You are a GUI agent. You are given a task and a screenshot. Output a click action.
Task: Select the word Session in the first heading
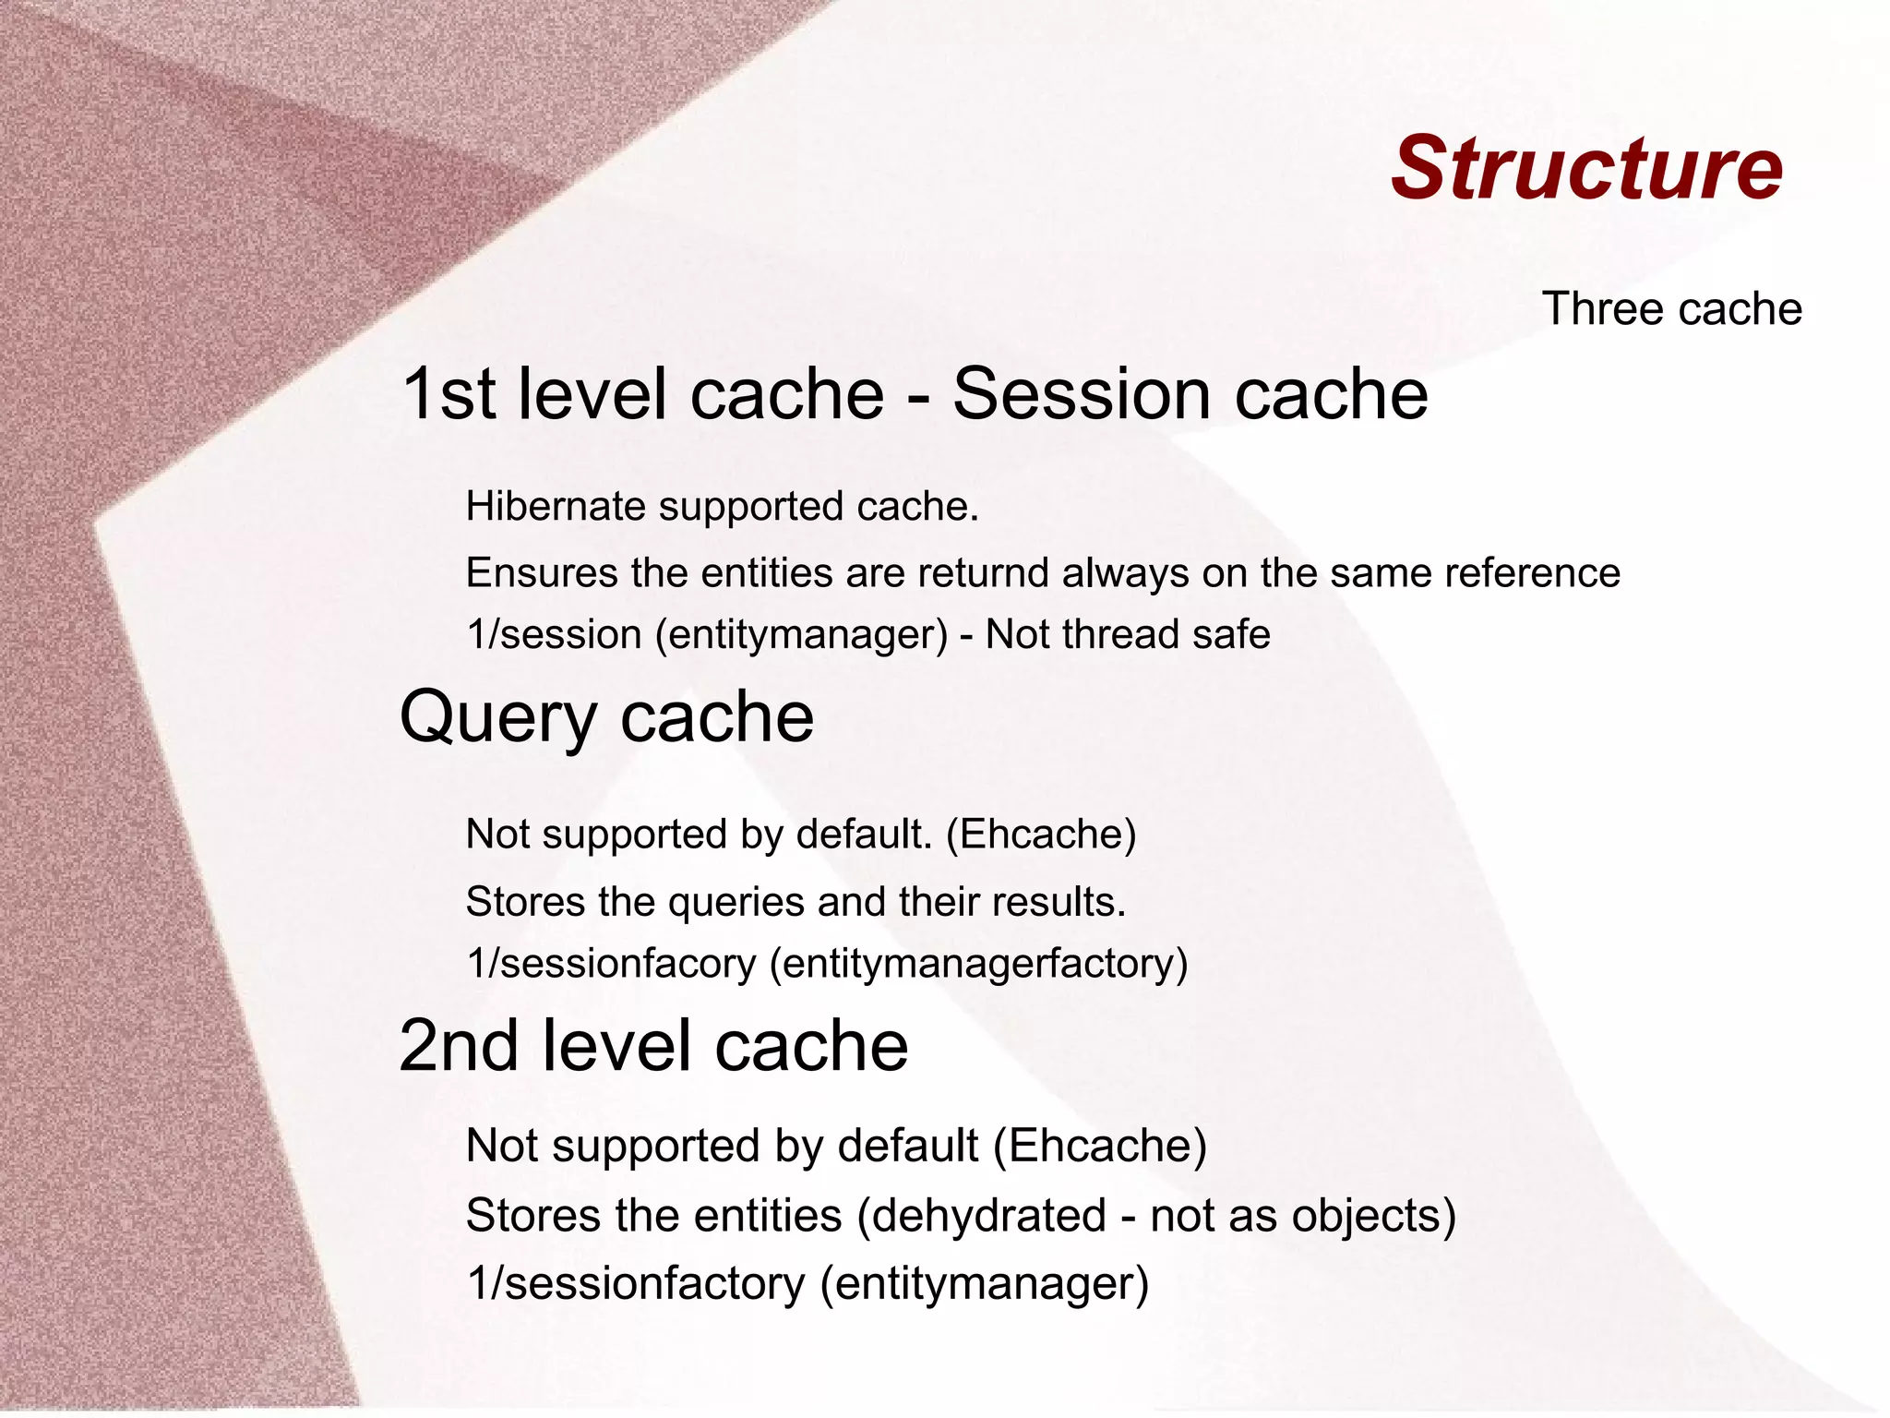pos(1081,394)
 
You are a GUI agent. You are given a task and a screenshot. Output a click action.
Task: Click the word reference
pos(1532,572)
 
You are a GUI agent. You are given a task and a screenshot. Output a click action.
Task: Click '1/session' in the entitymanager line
pos(554,635)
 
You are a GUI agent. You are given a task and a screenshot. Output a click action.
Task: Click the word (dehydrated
pos(981,1216)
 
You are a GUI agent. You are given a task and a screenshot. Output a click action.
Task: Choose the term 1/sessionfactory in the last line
pos(635,1284)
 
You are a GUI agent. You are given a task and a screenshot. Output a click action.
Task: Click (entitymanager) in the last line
pos(985,1284)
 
